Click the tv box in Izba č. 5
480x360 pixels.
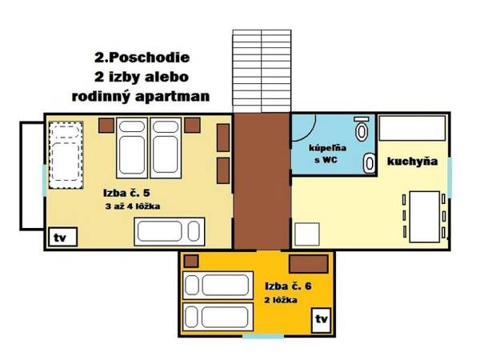62,237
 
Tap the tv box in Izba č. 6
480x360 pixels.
321,321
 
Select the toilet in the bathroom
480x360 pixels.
362,129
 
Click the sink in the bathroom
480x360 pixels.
370,163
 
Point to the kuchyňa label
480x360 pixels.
412,162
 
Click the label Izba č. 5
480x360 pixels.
126,193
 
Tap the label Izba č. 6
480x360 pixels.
288,286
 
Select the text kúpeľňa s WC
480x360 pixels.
327,154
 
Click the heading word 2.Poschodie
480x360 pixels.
142,58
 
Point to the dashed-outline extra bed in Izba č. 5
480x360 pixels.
66,155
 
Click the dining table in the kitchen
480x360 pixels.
425,217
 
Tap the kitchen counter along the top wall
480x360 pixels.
412,128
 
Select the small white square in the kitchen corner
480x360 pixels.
307,234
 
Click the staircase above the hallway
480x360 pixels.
262,71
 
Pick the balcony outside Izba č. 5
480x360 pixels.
32,176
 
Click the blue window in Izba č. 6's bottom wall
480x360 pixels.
263,337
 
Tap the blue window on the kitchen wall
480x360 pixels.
450,178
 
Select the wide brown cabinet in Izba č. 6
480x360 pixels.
309,263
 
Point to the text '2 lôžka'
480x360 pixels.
281,300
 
